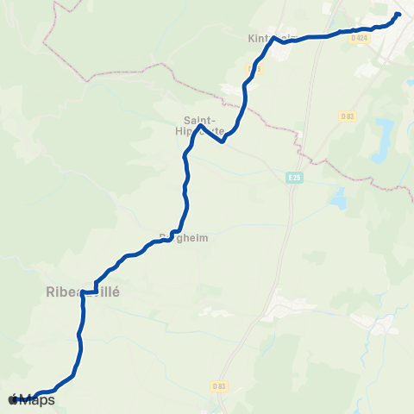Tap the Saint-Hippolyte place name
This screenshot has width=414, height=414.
click(204, 126)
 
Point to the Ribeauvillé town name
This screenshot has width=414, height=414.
click(82, 292)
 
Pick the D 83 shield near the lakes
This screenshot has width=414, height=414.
click(348, 116)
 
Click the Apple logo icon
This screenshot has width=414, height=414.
click(13, 399)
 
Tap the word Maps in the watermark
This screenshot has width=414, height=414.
click(37, 399)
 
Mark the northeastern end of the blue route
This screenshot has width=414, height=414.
click(398, 14)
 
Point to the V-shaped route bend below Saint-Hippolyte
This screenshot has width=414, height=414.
click(223, 141)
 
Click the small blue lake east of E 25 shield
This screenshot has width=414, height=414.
click(338, 201)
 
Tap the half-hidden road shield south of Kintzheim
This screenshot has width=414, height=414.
click(250, 67)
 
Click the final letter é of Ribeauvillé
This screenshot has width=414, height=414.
click(115, 292)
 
